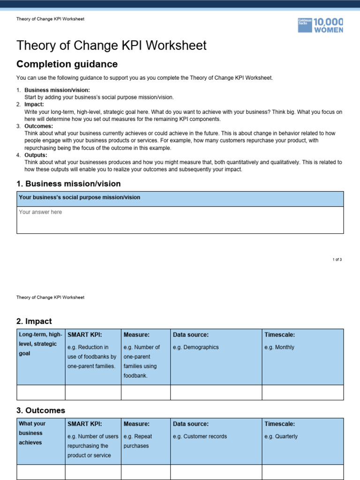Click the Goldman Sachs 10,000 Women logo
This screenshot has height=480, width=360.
pos(320,25)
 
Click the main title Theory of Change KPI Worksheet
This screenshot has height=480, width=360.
pos(111,45)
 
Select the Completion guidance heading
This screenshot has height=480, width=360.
pos(67,64)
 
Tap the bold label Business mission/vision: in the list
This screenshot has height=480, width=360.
pos(57,90)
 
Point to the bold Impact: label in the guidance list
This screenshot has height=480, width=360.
pos(34,105)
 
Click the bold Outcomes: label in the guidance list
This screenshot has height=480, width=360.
pos(38,126)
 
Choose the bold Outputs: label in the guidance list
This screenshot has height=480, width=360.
pos(36,155)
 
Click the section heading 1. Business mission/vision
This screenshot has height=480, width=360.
pos(68,184)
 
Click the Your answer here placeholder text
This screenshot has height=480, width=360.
pos(40,212)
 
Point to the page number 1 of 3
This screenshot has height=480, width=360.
pos(337,259)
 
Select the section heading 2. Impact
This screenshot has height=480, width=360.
pos(34,321)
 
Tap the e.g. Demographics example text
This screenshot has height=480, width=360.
pos(195,347)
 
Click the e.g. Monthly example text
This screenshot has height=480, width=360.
pos(279,347)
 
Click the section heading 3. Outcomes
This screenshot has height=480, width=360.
pos(41,410)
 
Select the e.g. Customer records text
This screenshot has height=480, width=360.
pos(200,436)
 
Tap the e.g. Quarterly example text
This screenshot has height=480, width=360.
pos(281,436)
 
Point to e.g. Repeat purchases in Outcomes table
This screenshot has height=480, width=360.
pos(138,441)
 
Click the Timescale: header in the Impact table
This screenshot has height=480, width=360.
pos(280,335)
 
